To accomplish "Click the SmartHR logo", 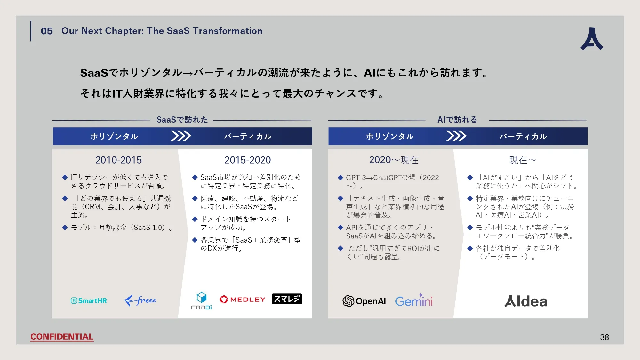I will click(89, 300).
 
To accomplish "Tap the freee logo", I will click(140, 300).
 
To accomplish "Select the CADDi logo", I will click(201, 301).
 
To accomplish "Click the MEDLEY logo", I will click(243, 300).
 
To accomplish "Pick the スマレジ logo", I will click(287, 299).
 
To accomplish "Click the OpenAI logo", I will click(364, 301).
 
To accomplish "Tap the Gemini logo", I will click(414, 301).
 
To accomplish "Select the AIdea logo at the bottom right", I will click(526, 301).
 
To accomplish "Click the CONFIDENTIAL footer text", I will click(62, 337).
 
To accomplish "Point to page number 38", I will click(604, 337).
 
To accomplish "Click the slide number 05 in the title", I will click(47, 31).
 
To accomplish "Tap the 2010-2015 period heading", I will click(118, 160).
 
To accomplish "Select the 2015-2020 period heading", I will click(247, 160).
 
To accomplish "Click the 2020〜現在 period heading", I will click(394, 160).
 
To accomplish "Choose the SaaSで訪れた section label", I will click(182, 120).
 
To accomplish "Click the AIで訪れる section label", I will click(457, 120).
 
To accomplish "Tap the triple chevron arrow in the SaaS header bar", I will click(181, 136).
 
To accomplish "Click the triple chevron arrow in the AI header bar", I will click(456, 136).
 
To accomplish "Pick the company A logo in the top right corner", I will click(592, 39).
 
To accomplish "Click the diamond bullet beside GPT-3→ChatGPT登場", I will click(340, 178).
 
